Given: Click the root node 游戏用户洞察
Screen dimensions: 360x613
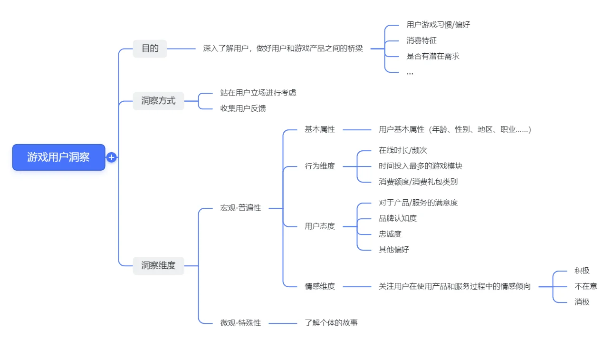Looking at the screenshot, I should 58,157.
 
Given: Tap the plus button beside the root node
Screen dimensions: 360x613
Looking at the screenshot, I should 112,157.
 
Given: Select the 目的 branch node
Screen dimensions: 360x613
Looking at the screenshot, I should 150,49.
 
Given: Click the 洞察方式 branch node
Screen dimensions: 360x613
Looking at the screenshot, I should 158,101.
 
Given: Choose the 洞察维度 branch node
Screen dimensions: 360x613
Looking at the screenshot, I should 158,265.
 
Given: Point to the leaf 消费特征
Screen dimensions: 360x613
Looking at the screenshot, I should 421,40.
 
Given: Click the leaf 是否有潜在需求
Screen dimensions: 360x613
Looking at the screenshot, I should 433,56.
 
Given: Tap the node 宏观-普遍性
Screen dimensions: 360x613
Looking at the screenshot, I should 240,208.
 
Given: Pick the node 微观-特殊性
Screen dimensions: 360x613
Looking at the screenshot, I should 240,323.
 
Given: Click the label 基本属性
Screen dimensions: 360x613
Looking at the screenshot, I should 320,129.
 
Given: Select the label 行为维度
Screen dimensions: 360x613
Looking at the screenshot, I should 320,166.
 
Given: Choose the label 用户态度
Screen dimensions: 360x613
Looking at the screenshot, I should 320,226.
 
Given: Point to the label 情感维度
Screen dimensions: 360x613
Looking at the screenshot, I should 320,286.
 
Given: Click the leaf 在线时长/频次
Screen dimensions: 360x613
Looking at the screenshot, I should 403,150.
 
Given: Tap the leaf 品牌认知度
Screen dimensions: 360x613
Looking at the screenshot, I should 398,218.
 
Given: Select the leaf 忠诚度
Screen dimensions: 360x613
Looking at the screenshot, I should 390,234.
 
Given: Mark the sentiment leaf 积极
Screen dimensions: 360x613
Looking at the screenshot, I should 582,271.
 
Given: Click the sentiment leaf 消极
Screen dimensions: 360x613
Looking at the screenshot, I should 582,302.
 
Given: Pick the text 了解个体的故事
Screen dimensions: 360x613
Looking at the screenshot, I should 331,323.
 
